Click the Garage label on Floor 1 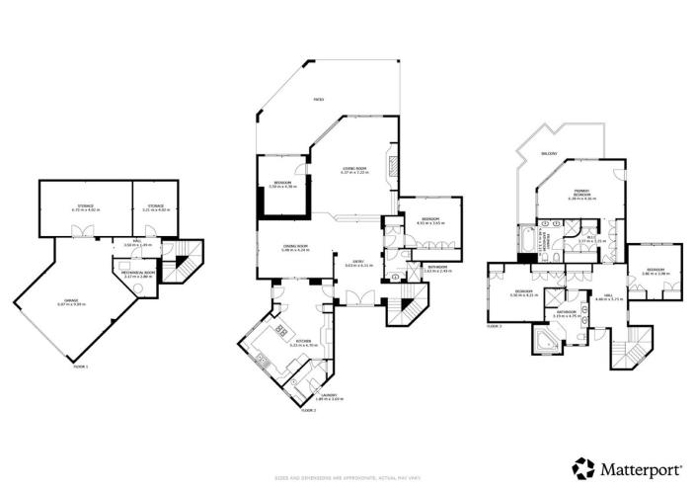click(x=71, y=303)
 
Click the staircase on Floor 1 click(x=180, y=264)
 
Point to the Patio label click(x=318, y=100)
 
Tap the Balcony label click(x=548, y=154)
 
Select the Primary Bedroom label click(x=580, y=195)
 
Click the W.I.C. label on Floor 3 click(x=590, y=237)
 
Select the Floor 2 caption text click(x=307, y=409)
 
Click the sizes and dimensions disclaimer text click(x=347, y=479)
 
